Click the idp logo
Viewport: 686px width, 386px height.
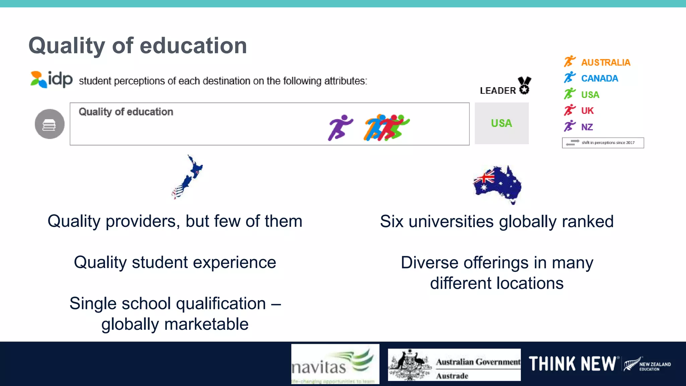click(52, 79)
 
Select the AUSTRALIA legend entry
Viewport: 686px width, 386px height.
click(605, 62)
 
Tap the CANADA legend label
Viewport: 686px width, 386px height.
click(599, 78)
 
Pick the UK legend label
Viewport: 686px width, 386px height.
click(587, 111)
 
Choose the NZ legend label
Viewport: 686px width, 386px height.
click(587, 127)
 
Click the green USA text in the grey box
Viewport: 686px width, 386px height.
click(501, 123)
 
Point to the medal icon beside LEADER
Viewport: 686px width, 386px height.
click(524, 85)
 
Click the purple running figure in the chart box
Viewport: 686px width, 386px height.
click(340, 127)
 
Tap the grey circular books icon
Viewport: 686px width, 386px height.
click(50, 124)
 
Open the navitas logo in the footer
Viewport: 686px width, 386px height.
click(335, 364)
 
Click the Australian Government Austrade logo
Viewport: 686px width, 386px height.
click(454, 365)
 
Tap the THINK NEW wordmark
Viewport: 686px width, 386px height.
click(572, 364)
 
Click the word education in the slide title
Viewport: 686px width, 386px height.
click(193, 46)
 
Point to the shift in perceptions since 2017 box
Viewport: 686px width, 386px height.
click(603, 143)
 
